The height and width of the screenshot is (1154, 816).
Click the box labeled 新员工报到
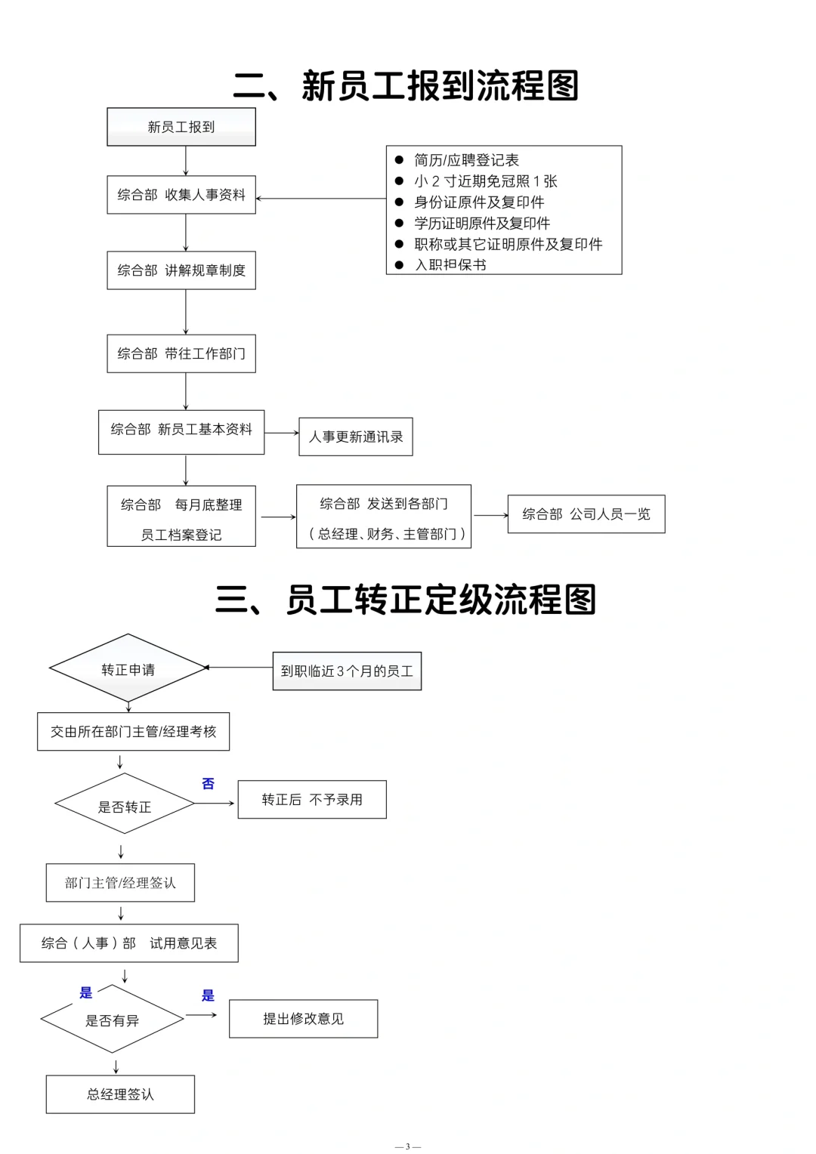coord(181,127)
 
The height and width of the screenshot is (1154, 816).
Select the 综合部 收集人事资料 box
coord(181,195)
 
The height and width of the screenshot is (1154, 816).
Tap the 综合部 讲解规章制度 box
coord(181,270)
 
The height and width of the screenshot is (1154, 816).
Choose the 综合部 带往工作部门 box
coord(181,353)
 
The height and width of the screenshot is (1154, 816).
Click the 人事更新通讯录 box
coord(356,437)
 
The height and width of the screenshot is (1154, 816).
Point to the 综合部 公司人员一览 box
coord(586,514)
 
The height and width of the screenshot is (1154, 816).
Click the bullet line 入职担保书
coord(450,265)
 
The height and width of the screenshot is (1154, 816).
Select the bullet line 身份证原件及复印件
coord(479,202)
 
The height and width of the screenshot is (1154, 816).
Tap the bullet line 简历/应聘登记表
coord(466,160)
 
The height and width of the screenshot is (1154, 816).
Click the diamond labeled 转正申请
coord(128,669)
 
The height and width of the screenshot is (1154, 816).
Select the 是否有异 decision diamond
coord(113,1020)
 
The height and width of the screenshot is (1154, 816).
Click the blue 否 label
coord(209,784)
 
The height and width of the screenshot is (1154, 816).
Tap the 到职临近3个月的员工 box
coord(347,671)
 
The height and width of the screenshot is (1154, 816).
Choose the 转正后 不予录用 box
coord(312,800)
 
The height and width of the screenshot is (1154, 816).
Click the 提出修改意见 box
coord(303,1019)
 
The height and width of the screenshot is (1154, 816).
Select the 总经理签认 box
coord(120,1094)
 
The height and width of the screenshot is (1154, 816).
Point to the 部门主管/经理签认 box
coord(120,883)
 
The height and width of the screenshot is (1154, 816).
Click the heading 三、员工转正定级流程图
coord(406,600)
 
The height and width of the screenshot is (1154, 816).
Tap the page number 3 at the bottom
coord(408,1146)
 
